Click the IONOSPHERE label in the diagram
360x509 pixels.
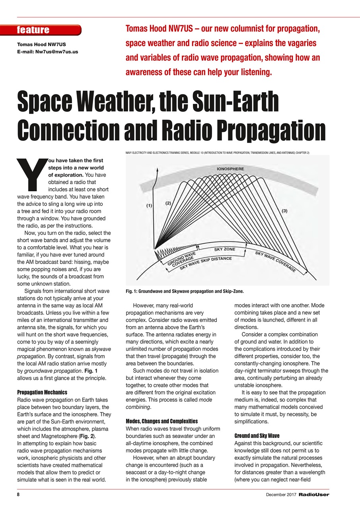(x=230, y=169)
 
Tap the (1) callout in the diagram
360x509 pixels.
(x=149, y=206)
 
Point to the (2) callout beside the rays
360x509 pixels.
(x=168, y=203)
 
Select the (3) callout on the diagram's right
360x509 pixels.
(x=284, y=211)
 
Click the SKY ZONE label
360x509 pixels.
(x=225, y=249)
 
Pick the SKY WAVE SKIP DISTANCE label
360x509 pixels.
(x=206, y=263)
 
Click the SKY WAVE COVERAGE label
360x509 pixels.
(x=275, y=261)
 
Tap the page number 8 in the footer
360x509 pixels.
(x=18, y=495)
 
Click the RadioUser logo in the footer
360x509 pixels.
(x=314, y=495)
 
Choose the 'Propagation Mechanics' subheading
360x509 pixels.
(x=42, y=392)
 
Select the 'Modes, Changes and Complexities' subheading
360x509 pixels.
(x=162, y=421)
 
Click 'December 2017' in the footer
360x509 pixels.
(x=281, y=495)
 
